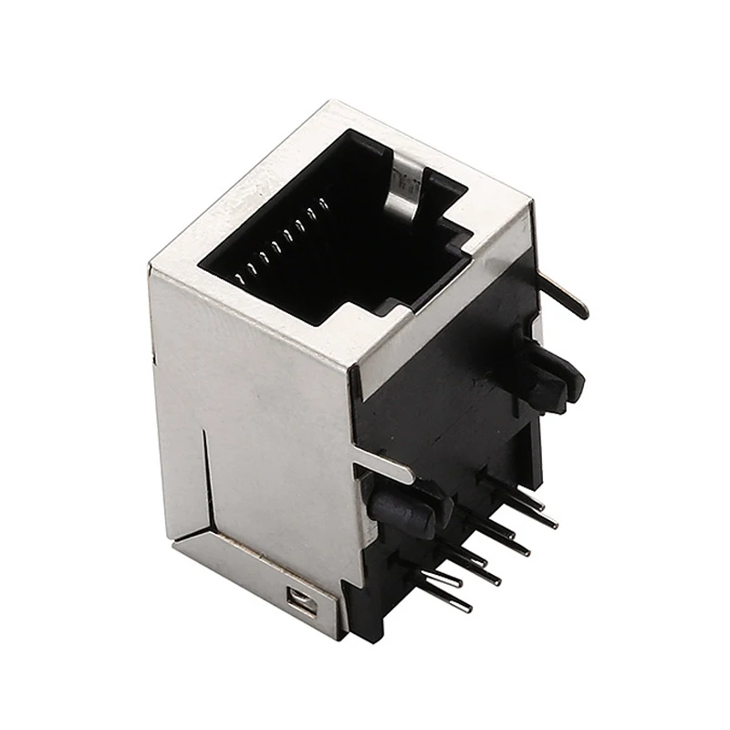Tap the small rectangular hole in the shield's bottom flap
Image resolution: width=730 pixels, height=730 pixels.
[x=298, y=599]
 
